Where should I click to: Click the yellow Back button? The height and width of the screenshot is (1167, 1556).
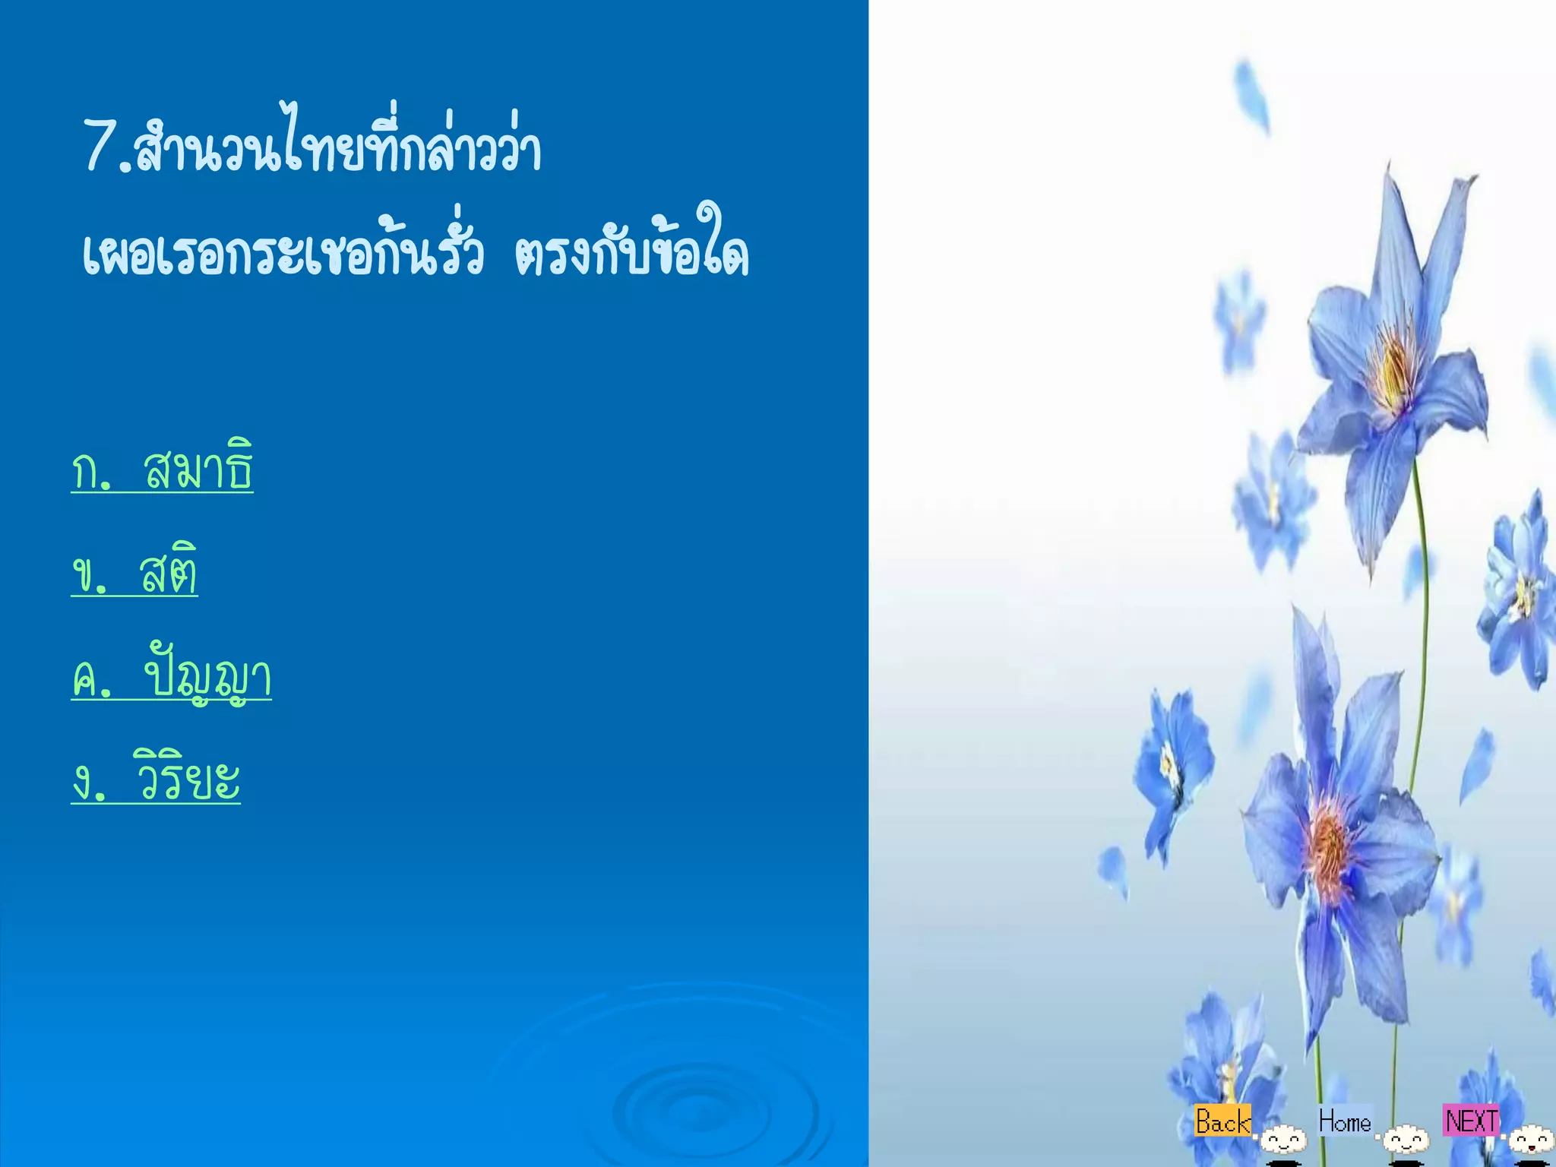pyautogui.click(x=1222, y=1121)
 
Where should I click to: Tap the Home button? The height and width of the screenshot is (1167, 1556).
pyautogui.click(x=1345, y=1121)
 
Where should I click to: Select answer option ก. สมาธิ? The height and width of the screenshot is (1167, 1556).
pyautogui.click(x=162, y=469)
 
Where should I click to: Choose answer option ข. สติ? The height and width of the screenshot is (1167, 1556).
pyautogui.click(x=134, y=571)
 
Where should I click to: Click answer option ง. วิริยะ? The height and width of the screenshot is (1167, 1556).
pyautogui.click(x=156, y=778)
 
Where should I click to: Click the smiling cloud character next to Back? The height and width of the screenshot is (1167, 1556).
pyautogui.click(x=1284, y=1140)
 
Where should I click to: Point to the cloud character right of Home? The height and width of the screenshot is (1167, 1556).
pyautogui.click(x=1406, y=1140)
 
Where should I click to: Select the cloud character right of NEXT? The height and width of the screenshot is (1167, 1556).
pyautogui.click(x=1530, y=1140)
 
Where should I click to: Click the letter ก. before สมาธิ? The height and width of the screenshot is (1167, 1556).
pyautogui.click(x=91, y=471)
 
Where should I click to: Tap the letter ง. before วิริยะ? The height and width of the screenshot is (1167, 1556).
pyautogui.click(x=89, y=783)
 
